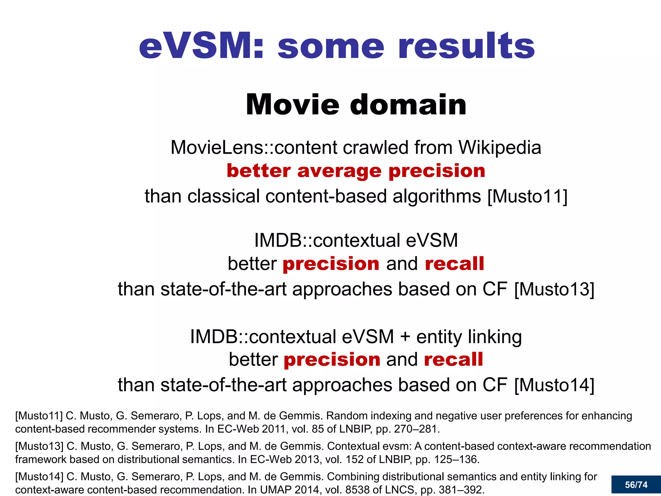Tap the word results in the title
[467, 46]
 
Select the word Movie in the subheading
[292, 105]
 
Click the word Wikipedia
[500, 148]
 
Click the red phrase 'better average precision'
[356, 171]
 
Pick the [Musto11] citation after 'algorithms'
[527, 196]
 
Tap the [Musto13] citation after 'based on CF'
[554, 289]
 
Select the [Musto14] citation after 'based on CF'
[554, 385]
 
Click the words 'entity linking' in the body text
[469, 336]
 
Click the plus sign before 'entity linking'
[405, 337]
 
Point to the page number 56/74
[636, 485]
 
